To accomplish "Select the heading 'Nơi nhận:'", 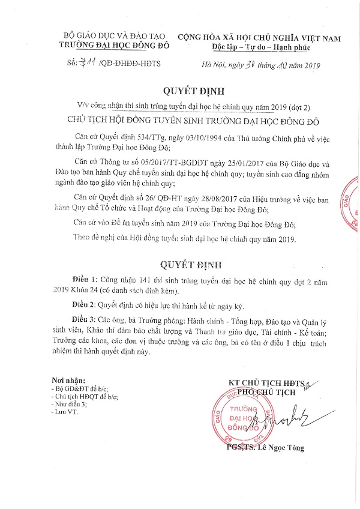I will [x=68, y=381].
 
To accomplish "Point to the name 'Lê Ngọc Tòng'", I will [x=280, y=447].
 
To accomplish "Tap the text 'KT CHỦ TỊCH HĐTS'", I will [x=264, y=383].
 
